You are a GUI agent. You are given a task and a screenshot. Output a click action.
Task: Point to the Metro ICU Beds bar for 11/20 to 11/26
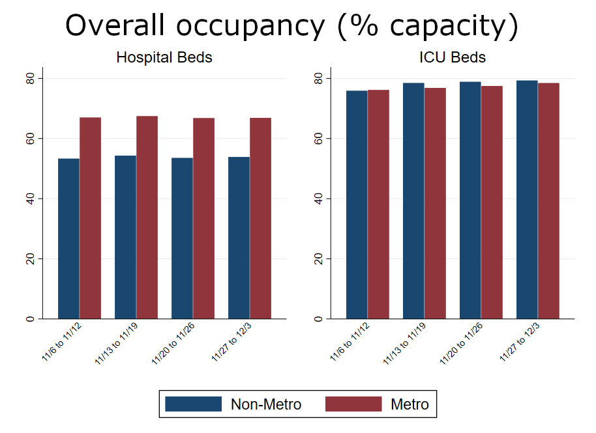[492, 202]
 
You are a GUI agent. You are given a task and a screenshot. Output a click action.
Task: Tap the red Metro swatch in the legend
[353, 404]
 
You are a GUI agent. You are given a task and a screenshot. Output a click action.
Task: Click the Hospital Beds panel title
[164, 57]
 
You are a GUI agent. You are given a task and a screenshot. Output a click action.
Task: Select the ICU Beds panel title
[453, 57]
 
